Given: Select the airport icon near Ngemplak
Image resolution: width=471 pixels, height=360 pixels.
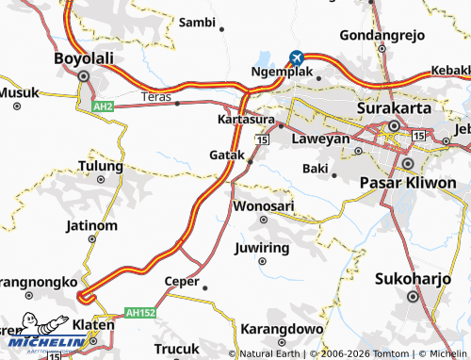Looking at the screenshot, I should tap(297, 57).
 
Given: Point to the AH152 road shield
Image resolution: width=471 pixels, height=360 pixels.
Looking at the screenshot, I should tap(138, 311).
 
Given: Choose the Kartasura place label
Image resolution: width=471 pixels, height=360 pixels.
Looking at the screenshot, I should tap(245, 121).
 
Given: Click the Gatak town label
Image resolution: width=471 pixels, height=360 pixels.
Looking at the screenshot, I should tap(227, 155).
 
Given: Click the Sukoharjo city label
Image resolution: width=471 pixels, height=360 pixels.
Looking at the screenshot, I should tap(413, 280).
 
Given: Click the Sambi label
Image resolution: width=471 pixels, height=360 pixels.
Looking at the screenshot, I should tap(197, 21).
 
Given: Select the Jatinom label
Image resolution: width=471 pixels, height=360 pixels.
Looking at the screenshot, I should tap(91, 226).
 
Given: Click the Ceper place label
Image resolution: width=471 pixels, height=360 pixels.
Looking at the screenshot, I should tap(182, 281).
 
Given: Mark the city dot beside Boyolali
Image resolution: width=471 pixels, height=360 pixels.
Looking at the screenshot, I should tap(84, 76).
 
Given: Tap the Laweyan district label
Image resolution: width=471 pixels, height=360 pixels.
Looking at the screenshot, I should tap(320, 139).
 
